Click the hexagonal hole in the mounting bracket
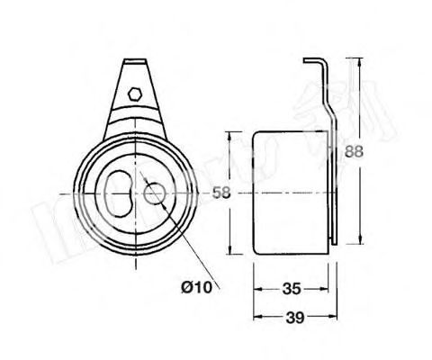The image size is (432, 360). [x=132, y=92]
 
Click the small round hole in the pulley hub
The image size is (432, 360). [x=154, y=192]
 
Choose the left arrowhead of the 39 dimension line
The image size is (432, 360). [x=256, y=318]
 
